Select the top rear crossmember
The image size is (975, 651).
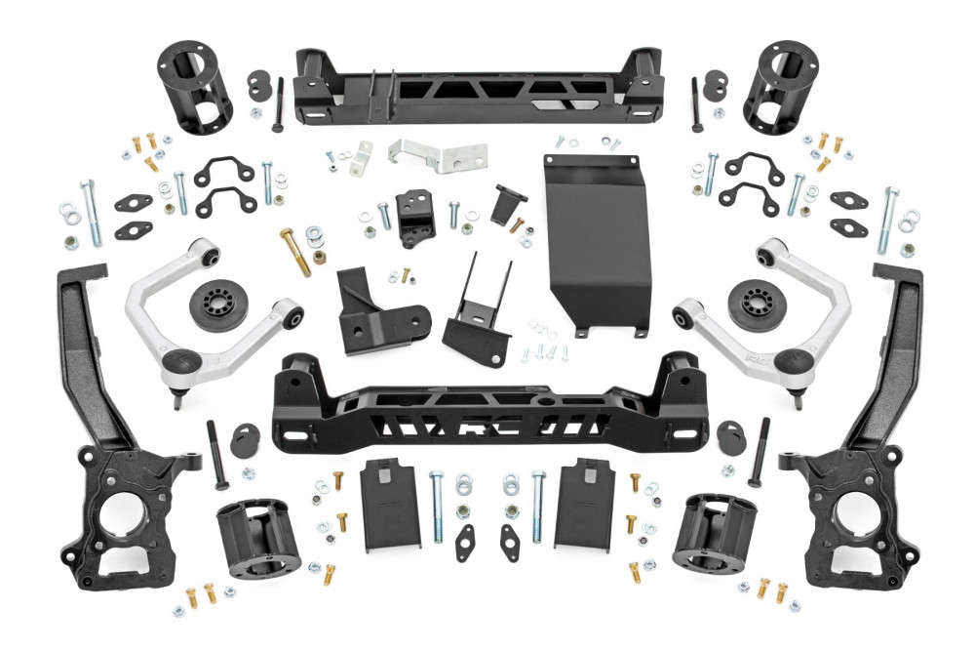pyautogui.click(x=478, y=88)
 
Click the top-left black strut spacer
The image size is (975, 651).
pyautogui.click(x=195, y=88)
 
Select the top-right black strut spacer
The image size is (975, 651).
pyautogui.click(x=780, y=88)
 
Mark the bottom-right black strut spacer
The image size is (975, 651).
pyautogui.click(x=715, y=533)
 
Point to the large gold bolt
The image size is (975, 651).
pyautogui.click(x=295, y=252)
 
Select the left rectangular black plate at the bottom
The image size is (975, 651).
pyautogui.click(x=391, y=502)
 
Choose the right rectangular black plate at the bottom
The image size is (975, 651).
pyautogui.click(x=582, y=502)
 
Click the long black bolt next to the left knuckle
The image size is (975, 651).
pyautogui.click(x=216, y=455)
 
